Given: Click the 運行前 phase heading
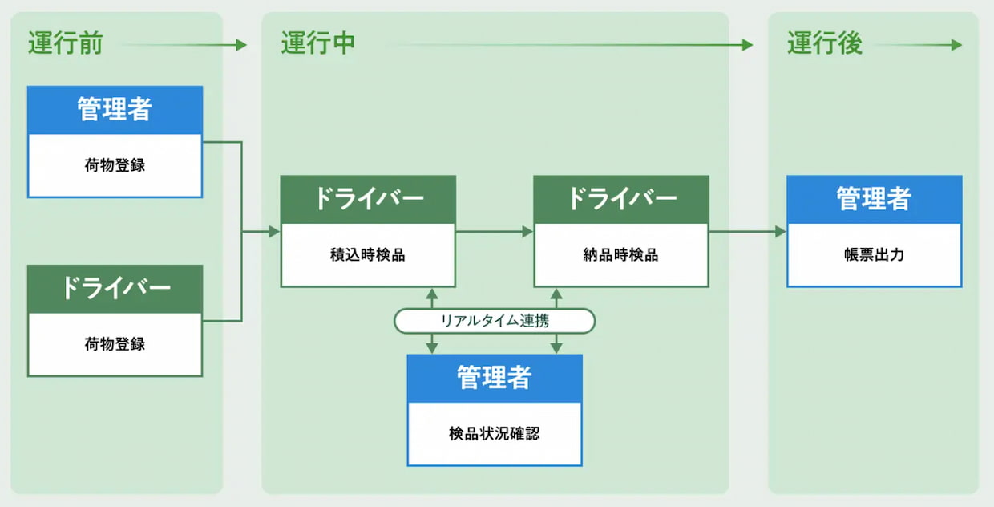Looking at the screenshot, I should [65, 43].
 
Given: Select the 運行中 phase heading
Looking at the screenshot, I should [317, 43].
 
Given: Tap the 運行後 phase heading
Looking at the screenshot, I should [824, 43].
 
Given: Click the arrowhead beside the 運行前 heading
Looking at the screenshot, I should [241, 46].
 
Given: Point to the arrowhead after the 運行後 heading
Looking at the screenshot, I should [956, 46].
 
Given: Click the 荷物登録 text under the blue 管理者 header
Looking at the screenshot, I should [115, 166].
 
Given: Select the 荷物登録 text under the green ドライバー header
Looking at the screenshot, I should [115, 344].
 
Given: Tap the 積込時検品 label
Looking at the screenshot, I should [368, 255].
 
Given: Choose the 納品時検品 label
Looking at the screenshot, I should [621, 255].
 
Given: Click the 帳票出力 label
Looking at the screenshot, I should [874, 255].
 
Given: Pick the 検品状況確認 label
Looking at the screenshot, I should [495, 433].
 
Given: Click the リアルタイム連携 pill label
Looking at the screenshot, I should [495, 321].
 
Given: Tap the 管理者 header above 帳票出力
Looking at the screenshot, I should [874, 199].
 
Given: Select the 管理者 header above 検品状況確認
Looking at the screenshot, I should [495, 378].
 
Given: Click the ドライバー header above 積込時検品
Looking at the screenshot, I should [368, 199].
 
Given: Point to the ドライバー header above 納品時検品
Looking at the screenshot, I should [621, 199].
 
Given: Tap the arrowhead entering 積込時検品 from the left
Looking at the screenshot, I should [274, 232].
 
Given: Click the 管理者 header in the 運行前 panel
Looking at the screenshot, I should [115, 110].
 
